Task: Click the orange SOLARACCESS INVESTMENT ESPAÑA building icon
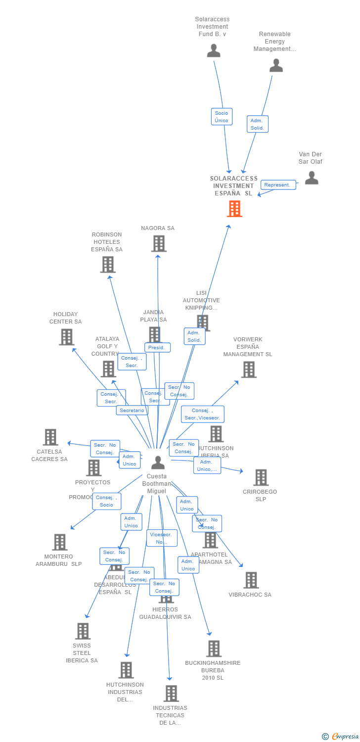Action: [234, 209]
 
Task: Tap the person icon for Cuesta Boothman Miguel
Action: [158, 463]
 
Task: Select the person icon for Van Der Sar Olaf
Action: [312, 178]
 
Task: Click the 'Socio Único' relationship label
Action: [222, 117]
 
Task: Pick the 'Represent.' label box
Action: [277, 185]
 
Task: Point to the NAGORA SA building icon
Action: [158, 243]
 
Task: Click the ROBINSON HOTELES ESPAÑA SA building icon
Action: [108, 265]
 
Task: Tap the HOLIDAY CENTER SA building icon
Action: [66, 337]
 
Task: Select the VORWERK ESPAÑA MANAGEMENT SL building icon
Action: [248, 370]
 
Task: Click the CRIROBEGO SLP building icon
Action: [261, 477]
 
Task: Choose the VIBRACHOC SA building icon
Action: [251, 580]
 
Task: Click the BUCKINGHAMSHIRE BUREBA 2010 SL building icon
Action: [213, 649]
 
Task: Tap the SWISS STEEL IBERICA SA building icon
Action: [83, 631]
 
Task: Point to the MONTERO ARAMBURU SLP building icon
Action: [59, 542]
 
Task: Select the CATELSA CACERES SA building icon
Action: [50, 437]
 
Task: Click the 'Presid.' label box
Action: [157, 348]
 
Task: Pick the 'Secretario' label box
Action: [132, 410]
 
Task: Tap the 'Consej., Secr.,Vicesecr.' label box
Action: [202, 414]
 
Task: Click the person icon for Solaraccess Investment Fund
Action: [214, 50]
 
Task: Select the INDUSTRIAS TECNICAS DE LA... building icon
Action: [171, 694]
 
